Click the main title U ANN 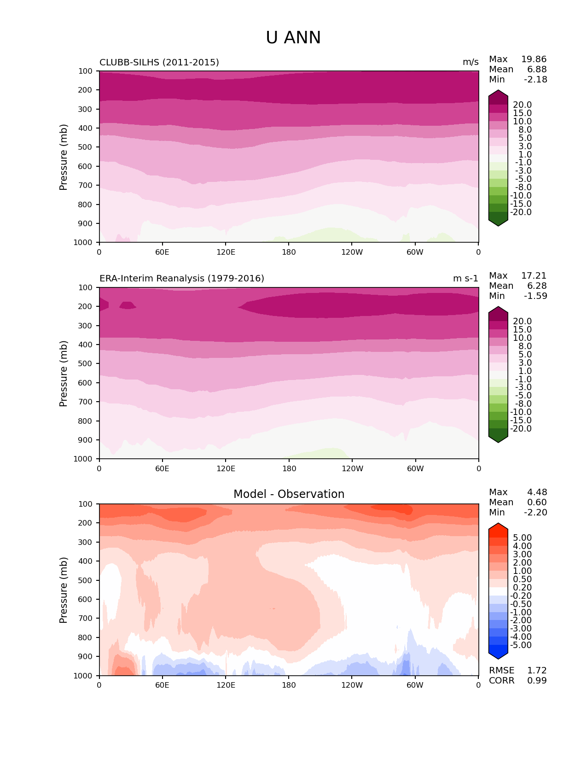(293, 38)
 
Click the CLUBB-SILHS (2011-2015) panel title (159, 63)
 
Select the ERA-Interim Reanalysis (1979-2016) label (182, 279)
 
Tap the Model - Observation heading (289, 494)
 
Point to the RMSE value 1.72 (537, 671)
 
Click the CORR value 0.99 (537, 681)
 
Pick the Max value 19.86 (534, 59)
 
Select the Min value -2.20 (535, 513)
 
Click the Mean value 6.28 (537, 286)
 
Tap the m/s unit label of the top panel (471, 63)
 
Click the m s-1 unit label (465, 279)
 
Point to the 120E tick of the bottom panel (226, 685)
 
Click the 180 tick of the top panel (289, 252)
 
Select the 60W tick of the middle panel (415, 469)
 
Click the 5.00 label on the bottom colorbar (522, 538)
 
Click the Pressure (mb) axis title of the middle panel (64, 374)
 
